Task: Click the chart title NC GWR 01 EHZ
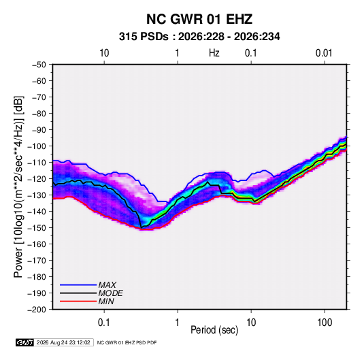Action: click(199, 19)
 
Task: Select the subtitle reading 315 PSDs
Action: click(144, 37)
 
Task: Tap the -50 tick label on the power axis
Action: click(39, 65)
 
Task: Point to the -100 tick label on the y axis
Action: click(37, 146)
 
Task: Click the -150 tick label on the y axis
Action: click(37, 228)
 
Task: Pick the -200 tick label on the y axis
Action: click(37, 310)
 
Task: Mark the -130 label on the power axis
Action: click(37, 195)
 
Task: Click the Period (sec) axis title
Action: click(214, 330)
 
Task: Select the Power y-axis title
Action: click(18, 187)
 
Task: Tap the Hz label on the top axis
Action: click(214, 53)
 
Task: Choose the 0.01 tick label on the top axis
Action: click(324, 53)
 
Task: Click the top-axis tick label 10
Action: click(104, 53)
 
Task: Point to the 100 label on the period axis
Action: click(325, 323)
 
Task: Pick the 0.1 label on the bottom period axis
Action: click(104, 323)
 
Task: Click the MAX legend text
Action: click(107, 285)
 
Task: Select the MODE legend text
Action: click(110, 293)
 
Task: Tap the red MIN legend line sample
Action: click(78, 301)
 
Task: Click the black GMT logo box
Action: click(25, 342)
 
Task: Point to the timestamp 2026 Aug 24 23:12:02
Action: click(63, 342)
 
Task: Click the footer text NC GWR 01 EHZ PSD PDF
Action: click(127, 342)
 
